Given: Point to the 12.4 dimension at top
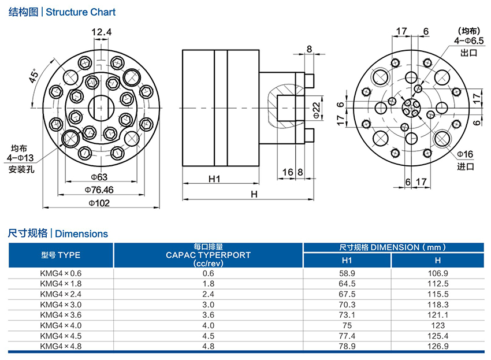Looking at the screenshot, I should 101,32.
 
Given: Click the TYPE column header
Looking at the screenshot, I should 61,255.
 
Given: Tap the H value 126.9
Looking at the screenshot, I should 437,346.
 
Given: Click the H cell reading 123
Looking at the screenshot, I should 437,325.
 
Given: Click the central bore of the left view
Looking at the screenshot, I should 101,107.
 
